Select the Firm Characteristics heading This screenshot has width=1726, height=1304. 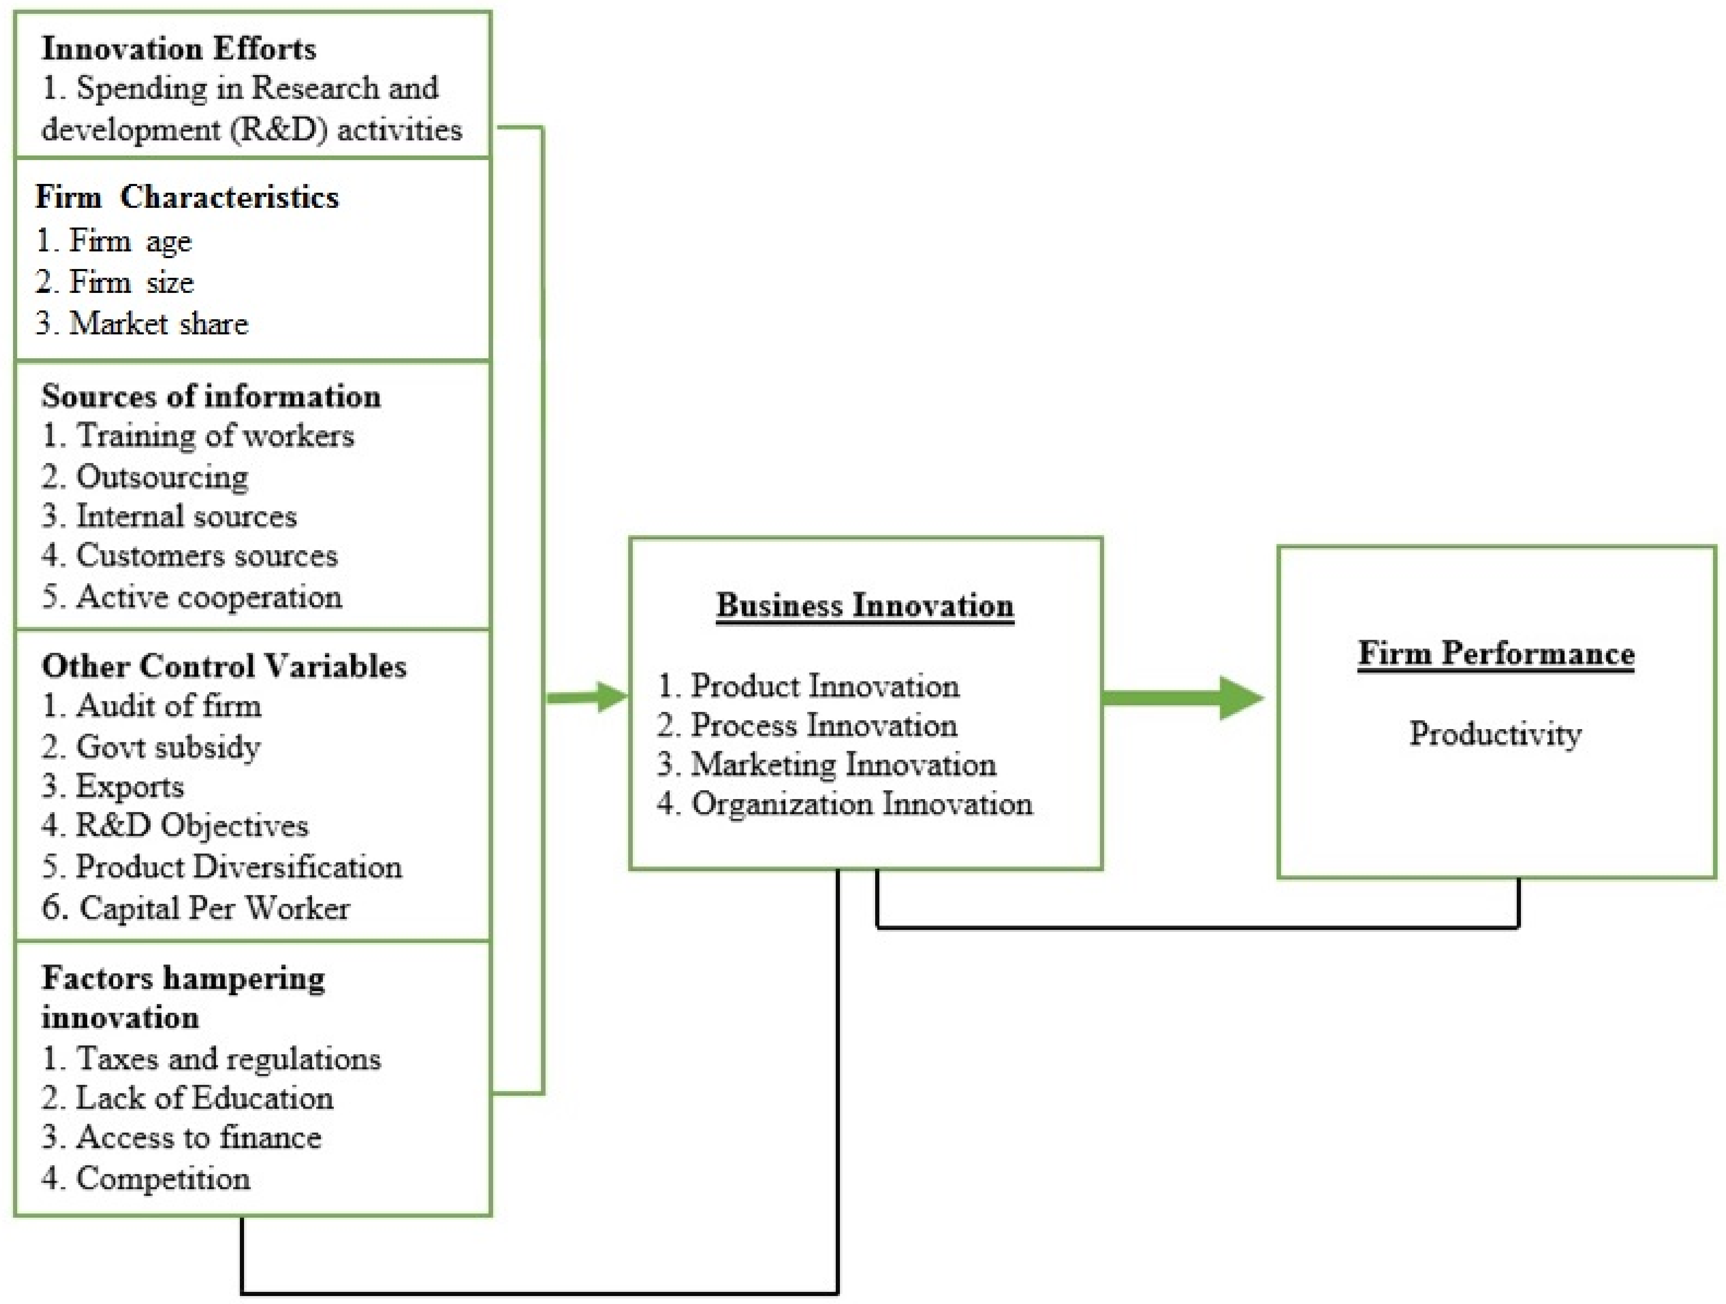pos(187,197)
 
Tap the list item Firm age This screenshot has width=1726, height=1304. pos(114,241)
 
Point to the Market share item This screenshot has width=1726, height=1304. pos(143,323)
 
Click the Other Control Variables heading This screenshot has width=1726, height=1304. pos(224,666)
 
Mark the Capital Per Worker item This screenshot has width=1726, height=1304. pos(196,908)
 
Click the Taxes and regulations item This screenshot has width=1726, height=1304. pos(211,1058)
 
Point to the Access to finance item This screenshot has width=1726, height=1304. pos(182,1137)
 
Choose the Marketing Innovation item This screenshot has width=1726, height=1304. pos(827,764)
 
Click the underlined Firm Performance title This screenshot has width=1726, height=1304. pos(1496,653)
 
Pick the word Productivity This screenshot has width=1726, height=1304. pos(1495,733)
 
